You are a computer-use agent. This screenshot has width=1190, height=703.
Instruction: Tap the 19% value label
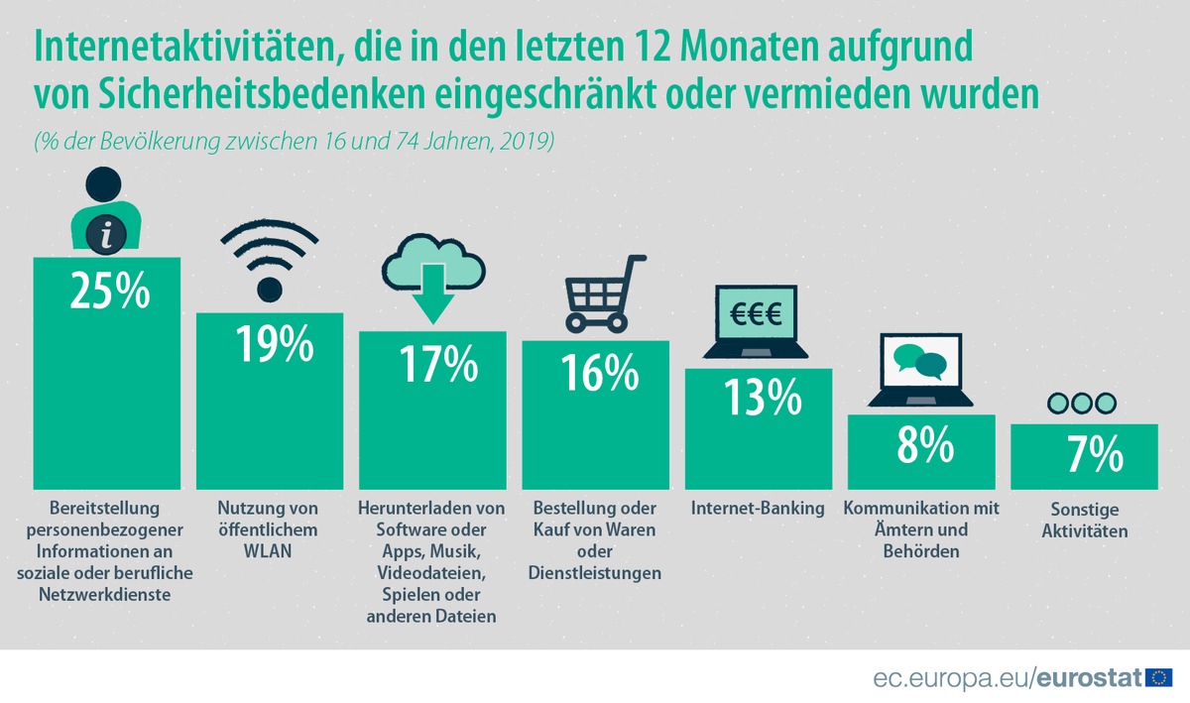pos(274,344)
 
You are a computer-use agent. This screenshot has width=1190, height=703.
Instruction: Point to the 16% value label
pos(599,373)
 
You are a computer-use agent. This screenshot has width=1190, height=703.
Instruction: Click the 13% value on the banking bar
pos(762,397)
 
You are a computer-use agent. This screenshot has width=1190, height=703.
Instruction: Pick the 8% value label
pos(924,445)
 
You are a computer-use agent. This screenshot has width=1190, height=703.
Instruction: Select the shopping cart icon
pos(599,293)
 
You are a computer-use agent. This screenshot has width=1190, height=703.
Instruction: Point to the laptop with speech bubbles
pos(920,369)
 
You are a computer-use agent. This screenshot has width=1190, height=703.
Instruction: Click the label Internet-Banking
pos(758,509)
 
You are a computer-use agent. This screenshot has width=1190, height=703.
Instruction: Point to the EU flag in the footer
pos(1158,678)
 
